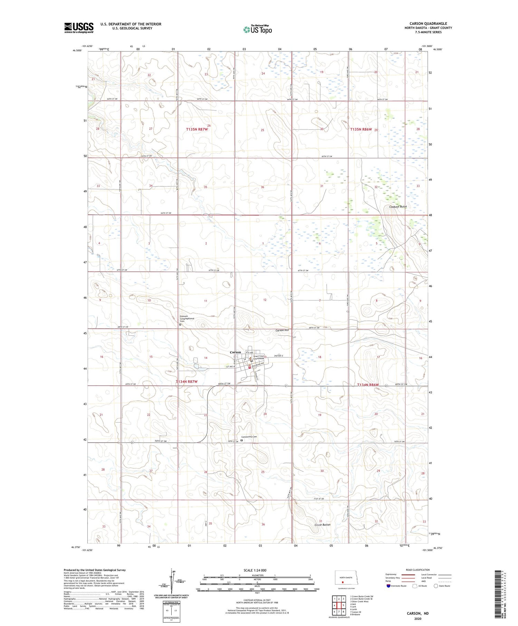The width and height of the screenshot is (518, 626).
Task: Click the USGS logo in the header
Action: coord(79,28)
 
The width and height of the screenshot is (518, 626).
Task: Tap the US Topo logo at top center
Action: coord(258,30)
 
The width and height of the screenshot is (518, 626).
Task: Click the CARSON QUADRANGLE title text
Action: coord(428,24)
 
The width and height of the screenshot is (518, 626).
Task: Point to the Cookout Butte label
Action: coord(398,206)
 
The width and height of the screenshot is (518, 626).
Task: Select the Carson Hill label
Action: coord(282,330)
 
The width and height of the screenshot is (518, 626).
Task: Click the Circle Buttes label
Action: coord(322,524)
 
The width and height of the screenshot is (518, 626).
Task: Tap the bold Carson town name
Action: coord(236,352)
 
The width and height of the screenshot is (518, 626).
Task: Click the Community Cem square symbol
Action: coord(242,440)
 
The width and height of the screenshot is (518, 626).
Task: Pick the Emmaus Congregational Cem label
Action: coord(187,319)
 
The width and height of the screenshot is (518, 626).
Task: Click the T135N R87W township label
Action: coord(197,129)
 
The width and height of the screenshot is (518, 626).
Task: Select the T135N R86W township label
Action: coord(361,129)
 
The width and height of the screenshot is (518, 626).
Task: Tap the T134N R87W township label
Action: coord(186,382)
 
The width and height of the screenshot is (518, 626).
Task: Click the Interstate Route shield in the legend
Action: coord(388,586)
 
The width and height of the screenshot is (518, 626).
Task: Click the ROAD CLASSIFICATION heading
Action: coord(418,570)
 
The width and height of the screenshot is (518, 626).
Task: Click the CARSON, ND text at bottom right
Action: coord(418,613)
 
